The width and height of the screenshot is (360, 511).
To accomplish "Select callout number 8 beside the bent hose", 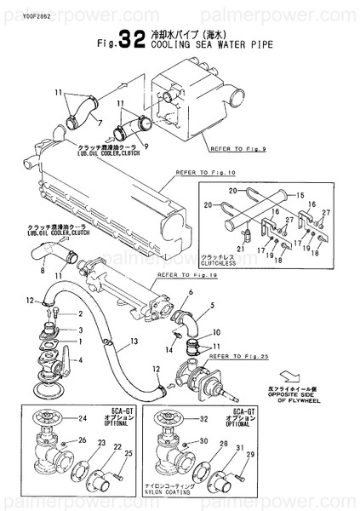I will (x=43, y=272).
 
